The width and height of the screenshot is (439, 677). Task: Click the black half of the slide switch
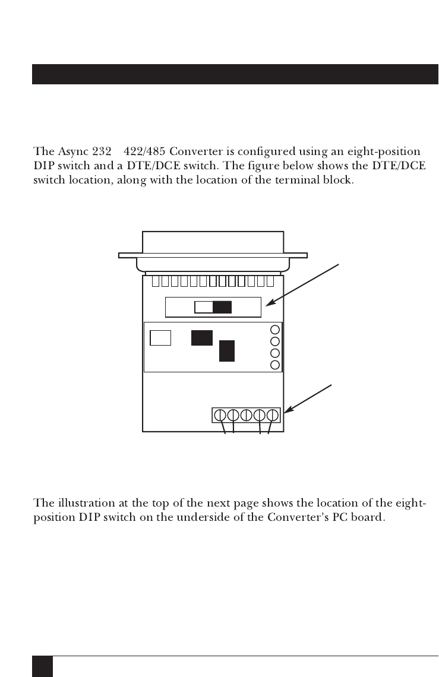tap(222, 308)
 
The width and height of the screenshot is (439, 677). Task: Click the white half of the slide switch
tap(204, 308)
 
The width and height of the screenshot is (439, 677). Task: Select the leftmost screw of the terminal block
tap(220, 415)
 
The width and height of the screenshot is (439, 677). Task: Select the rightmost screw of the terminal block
tap(273, 415)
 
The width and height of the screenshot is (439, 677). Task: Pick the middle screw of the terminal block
tap(247, 415)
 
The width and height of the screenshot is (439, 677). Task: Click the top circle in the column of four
tap(275, 330)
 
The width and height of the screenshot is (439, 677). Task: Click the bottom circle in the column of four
tap(275, 364)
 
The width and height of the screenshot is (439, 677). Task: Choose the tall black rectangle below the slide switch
tap(227, 350)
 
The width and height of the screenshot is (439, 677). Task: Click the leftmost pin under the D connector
tap(156, 281)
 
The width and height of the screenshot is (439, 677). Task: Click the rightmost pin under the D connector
tap(270, 281)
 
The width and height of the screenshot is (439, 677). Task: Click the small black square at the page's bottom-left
tap(42, 666)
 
